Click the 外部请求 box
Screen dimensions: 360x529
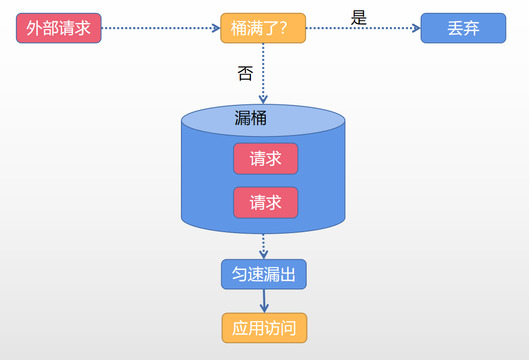click(59, 28)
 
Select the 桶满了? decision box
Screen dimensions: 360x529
click(263, 28)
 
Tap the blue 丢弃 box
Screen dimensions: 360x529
click(463, 28)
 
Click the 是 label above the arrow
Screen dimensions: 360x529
click(359, 18)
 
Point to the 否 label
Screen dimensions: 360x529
click(245, 74)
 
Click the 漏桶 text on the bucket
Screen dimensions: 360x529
click(250, 118)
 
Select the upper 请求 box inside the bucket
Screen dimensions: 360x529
click(266, 159)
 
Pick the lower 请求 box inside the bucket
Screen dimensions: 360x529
click(266, 202)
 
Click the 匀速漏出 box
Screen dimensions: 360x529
click(264, 274)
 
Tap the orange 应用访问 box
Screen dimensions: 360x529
click(264, 328)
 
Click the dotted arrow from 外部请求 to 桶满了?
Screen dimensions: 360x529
click(160, 28)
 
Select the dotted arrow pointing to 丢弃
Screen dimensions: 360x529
click(363, 28)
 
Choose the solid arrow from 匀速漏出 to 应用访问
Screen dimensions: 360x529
click(264, 301)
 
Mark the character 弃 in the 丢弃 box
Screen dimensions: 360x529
click(471, 28)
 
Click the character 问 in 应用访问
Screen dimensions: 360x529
click(288, 328)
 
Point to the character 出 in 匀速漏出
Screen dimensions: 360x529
click(288, 274)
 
